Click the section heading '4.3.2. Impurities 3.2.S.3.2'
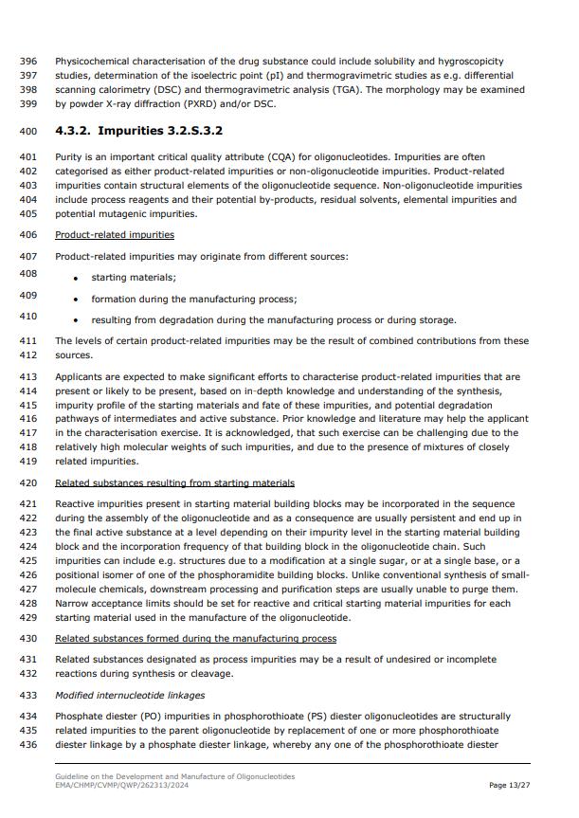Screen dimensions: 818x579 (138, 130)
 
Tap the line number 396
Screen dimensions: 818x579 (27, 61)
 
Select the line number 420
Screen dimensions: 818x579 (27, 483)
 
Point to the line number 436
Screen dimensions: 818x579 (27, 745)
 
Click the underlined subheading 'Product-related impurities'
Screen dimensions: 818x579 (115, 234)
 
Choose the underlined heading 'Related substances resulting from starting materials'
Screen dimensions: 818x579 (174, 483)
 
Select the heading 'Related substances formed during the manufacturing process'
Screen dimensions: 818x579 (195, 639)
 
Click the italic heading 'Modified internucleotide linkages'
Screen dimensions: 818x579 (129, 696)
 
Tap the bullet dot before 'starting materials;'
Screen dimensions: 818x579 (75, 279)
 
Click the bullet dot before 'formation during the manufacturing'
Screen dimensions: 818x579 (75, 300)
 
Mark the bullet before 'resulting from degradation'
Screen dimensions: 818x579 (75, 320)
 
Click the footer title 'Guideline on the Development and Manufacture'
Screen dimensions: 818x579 (174, 776)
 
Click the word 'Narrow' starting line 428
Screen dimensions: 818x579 (73, 604)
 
